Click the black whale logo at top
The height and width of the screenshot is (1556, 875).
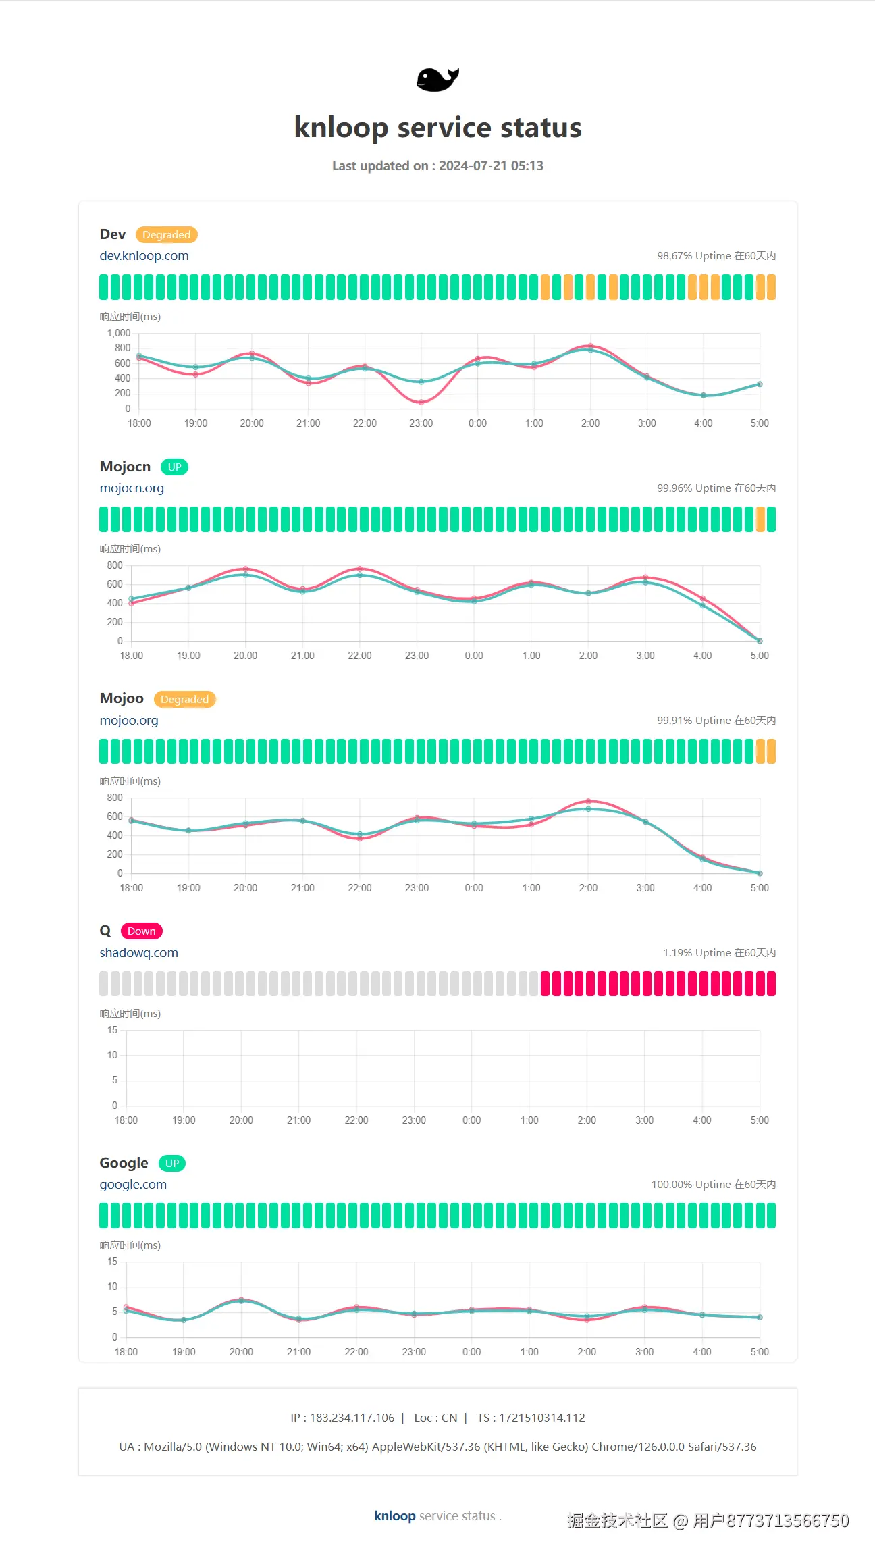(x=437, y=80)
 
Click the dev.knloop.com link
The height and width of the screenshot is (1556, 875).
(x=144, y=256)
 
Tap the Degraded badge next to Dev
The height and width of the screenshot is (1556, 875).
(x=166, y=235)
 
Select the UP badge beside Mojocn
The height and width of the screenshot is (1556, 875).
(x=174, y=467)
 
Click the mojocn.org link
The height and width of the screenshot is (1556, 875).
(x=132, y=488)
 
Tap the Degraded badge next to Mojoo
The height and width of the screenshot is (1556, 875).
(x=184, y=700)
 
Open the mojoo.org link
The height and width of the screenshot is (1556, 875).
(x=129, y=721)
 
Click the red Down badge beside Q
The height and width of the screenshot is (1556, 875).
(x=141, y=931)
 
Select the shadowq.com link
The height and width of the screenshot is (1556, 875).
(x=138, y=953)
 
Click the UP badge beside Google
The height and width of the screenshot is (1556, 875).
(x=172, y=1164)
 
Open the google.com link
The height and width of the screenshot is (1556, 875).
(x=133, y=1185)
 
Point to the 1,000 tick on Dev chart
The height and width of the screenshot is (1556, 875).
(x=119, y=333)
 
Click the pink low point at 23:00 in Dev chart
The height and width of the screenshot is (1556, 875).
(x=421, y=402)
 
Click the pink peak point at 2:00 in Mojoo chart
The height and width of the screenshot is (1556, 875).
(x=589, y=801)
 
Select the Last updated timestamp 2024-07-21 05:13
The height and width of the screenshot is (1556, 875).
(x=491, y=166)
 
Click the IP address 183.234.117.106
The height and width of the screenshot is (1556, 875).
(x=352, y=1418)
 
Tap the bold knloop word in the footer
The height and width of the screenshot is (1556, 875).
(x=394, y=1516)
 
